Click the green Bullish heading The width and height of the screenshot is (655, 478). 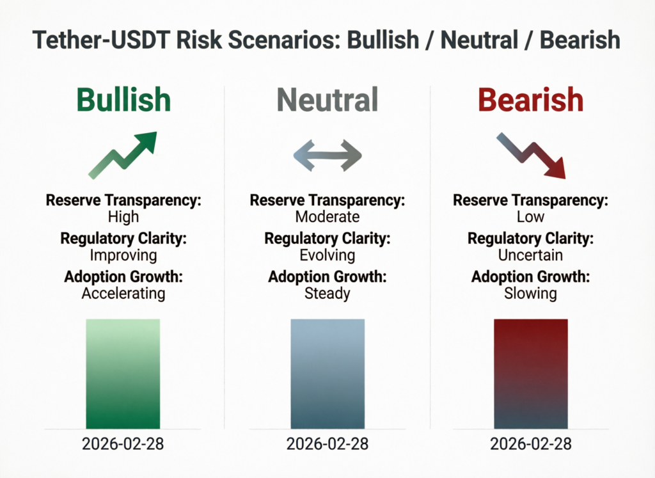[x=123, y=100]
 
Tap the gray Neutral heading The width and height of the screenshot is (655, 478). [x=327, y=100]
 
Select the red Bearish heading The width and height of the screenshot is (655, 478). [x=531, y=100]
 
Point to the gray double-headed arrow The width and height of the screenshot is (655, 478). [x=327, y=155]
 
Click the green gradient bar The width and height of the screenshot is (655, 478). [x=123, y=374]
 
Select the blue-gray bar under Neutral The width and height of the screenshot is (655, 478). [x=327, y=374]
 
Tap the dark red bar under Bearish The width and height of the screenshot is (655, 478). [x=531, y=374]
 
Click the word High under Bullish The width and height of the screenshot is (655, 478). [x=123, y=216]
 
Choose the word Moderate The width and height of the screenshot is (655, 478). [x=327, y=216]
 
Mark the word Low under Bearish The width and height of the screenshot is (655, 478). [x=531, y=216]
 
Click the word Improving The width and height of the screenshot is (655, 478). [x=123, y=255]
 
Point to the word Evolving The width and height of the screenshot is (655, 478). [x=327, y=255]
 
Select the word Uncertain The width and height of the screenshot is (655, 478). [x=531, y=255]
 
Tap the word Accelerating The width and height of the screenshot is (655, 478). [x=123, y=293]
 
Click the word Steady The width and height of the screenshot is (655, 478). [x=327, y=293]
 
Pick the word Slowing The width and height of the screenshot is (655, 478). [x=531, y=293]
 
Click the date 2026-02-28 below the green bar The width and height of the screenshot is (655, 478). [x=123, y=443]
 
